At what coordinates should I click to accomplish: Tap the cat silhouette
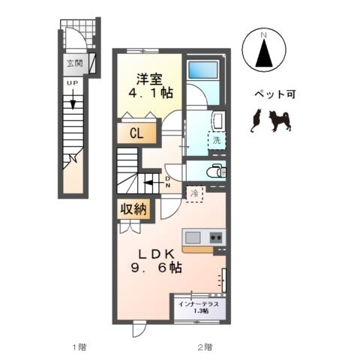(255, 121)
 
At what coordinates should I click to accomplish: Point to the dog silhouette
(280, 119)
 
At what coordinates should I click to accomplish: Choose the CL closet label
(136, 134)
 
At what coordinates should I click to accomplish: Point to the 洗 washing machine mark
(217, 139)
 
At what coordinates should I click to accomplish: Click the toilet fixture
(215, 171)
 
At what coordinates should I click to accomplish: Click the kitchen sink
(193, 238)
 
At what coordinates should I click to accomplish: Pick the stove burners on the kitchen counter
(216, 238)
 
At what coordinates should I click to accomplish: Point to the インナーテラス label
(199, 304)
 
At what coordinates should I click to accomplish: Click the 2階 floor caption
(205, 347)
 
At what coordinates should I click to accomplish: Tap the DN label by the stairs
(168, 181)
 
